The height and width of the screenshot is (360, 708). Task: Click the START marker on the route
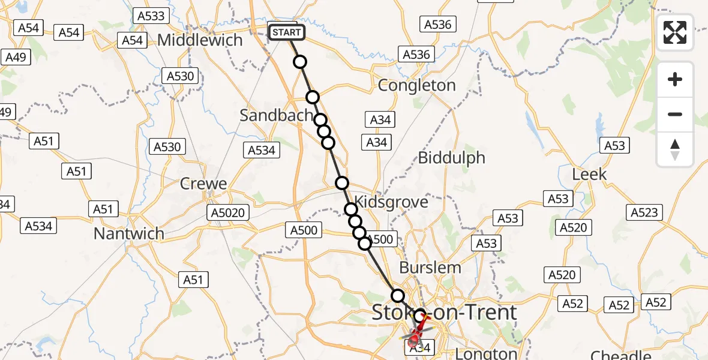286,32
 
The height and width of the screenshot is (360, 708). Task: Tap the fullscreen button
675,32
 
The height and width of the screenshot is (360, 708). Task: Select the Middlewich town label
200,40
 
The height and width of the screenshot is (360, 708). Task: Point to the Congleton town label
416,85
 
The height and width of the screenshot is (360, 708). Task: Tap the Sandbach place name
277,115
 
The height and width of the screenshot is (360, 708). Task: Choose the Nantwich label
128,233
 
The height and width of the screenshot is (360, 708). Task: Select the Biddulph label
451,158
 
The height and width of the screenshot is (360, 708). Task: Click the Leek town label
589,175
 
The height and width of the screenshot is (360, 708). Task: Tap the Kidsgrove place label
391,202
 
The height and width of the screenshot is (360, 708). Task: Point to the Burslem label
430,267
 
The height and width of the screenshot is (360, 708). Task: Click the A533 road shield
151,16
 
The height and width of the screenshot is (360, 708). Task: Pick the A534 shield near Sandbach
261,150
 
